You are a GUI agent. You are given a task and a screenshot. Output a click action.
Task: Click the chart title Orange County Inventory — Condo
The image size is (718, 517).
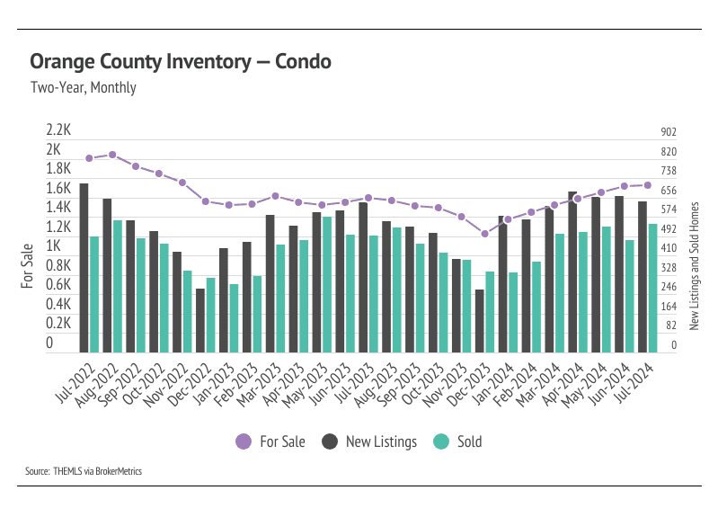(181, 62)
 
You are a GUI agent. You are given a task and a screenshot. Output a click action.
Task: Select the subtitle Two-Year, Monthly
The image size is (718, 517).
(83, 88)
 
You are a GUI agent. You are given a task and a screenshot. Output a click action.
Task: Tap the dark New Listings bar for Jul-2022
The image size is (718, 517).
(84, 268)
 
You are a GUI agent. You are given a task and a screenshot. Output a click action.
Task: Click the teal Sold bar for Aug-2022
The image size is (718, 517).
(117, 286)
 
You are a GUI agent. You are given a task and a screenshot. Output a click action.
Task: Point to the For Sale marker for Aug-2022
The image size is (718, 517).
(112, 155)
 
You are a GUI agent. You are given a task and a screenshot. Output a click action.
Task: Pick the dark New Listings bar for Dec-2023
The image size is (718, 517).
(480, 321)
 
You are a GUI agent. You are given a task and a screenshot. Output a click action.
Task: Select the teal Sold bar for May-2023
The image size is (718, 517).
(327, 284)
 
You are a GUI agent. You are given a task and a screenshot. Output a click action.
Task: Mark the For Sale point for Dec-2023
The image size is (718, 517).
(484, 234)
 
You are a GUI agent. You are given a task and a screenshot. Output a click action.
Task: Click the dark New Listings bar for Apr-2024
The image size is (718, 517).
(572, 272)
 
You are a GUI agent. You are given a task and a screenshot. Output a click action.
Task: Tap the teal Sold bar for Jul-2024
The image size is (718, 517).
(653, 288)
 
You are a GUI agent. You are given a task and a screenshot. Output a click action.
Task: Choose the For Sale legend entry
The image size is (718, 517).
(270, 441)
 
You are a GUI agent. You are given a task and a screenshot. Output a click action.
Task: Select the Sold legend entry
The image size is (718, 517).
(458, 441)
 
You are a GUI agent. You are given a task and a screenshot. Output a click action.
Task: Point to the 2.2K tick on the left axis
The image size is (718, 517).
(59, 130)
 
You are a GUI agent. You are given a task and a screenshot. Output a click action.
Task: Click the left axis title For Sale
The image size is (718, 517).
(27, 266)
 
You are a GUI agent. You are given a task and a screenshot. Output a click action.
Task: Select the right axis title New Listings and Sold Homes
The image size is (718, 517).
(694, 266)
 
